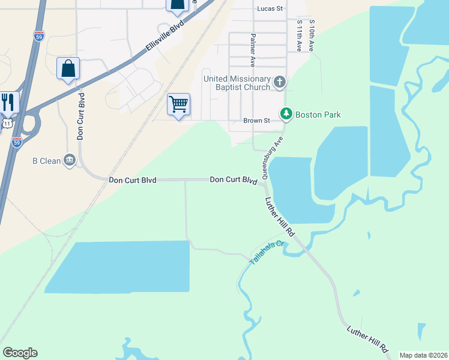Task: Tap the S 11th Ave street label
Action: pos(299,35)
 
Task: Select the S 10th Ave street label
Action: pos(312,35)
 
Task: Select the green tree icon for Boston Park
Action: pos(286,113)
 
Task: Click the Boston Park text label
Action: pos(318,114)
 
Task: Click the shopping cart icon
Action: pos(179,104)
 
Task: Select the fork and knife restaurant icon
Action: pos(8,101)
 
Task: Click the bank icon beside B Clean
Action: pos(70,160)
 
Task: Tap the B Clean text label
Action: pos(46,161)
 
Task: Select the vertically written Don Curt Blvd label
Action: pos(79,116)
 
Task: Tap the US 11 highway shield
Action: pos(5,123)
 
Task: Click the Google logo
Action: pos(20,353)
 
